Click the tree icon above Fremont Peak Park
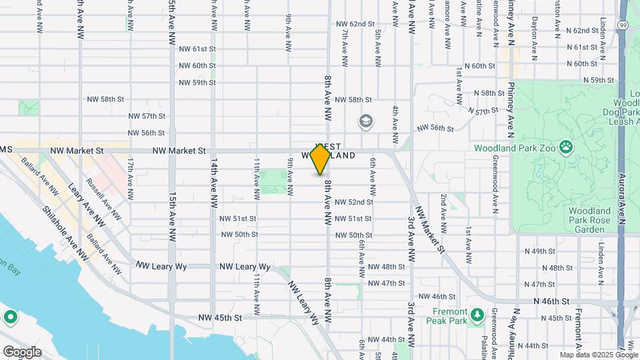476,314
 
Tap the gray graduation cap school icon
365,121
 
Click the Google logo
22,351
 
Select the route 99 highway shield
622,24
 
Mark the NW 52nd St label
353,202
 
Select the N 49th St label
540,251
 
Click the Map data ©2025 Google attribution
598,355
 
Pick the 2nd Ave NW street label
443,215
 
